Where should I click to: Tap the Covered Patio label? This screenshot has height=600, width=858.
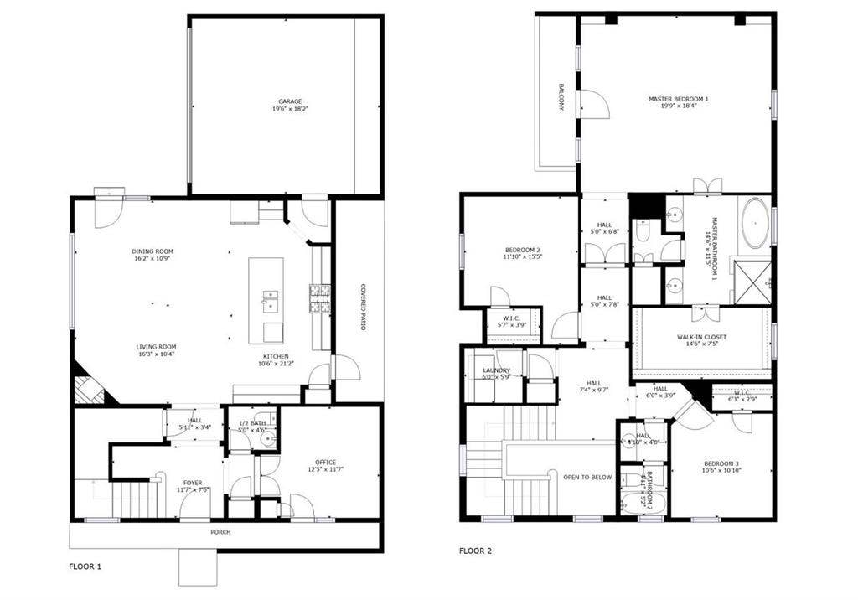click(x=363, y=307)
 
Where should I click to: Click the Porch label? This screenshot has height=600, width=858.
click(x=220, y=532)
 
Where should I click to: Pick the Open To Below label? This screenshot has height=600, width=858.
click(x=587, y=478)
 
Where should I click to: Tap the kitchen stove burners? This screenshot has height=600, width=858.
click(x=320, y=297)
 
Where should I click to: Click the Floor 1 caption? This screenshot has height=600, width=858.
click(x=85, y=566)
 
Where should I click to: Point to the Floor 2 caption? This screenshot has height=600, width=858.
click(x=475, y=551)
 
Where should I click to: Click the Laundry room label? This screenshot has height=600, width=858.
click(x=496, y=374)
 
